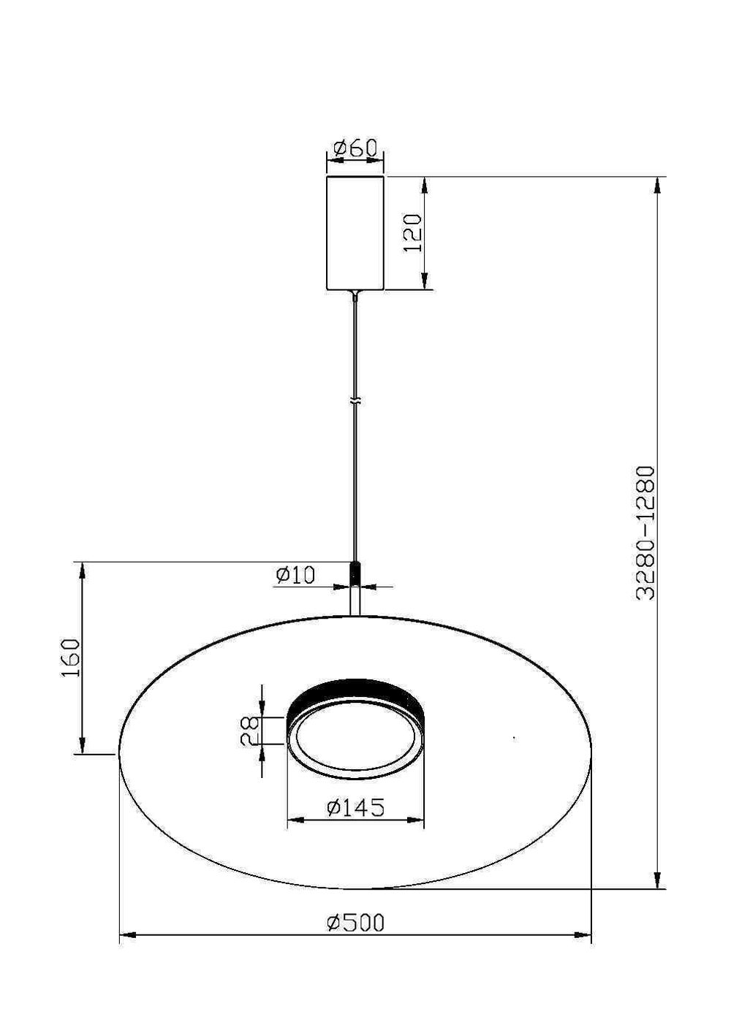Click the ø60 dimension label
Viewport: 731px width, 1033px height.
[x=355, y=148]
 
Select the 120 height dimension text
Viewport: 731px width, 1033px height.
[x=414, y=233]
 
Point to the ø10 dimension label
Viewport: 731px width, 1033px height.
[x=295, y=575]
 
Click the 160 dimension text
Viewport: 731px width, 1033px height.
[x=71, y=657]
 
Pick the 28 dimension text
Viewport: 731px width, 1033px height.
[x=250, y=731]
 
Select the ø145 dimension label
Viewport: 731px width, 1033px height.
[x=355, y=807]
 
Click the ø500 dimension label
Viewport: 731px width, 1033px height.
[x=355, y=923]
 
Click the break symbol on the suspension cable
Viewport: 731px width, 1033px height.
[x=355, y=402]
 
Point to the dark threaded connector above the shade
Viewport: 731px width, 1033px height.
[x=355, y=574]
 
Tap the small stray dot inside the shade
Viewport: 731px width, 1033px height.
[x=514, y=739]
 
